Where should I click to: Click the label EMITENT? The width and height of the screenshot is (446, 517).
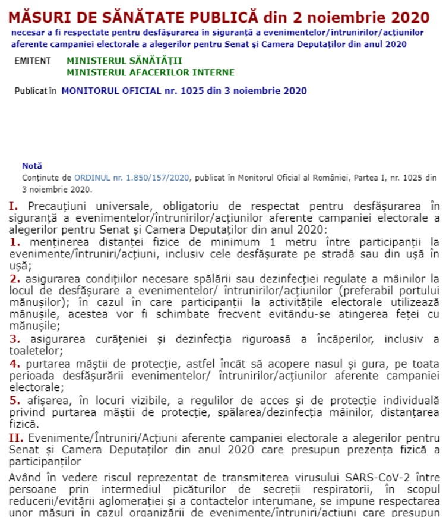[x=33, y=61]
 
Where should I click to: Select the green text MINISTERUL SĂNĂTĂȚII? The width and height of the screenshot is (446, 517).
[x=124, y=61]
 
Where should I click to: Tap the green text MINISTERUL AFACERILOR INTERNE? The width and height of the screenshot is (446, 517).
[x=150, y=72]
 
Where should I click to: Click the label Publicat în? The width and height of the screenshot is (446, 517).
[x=36, y=91]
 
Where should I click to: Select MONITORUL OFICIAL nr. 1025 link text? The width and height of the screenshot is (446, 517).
[x=184, y=91]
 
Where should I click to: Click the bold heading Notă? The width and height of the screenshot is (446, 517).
[x=32, y=166]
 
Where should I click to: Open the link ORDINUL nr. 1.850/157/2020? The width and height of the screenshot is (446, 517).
[x=131, y=177]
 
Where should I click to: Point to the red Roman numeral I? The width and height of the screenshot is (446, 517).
[x=12, y=206]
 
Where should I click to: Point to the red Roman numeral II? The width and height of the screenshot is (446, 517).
[x=15, y=438]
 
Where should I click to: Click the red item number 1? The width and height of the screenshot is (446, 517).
[x=15, y=242]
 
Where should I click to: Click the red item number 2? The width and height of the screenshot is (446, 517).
[x=15, y=278]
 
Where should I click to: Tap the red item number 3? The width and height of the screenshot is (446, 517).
[x=15, y=339]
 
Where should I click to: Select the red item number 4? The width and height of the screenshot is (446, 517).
[x=15, y=363]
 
